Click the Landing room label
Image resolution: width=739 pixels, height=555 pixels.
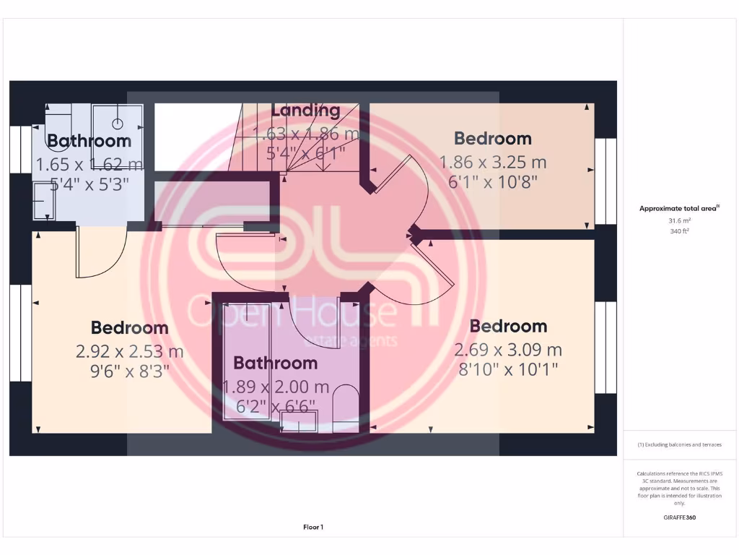(305, 111)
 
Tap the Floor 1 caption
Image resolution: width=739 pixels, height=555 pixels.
(313, 528)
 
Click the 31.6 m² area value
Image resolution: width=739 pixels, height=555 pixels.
(678, 221)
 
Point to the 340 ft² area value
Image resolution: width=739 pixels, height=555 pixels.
(678, 232)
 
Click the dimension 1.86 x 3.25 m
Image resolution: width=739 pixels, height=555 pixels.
(493, 162)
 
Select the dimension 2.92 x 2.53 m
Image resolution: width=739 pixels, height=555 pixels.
(130, 352)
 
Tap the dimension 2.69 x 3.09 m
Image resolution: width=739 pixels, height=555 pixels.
(507, 350)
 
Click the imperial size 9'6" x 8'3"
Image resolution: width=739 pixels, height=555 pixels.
(130, 372)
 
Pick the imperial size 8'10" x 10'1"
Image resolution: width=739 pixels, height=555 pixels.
(507, 371)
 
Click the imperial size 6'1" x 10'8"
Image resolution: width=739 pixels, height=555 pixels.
(493, 182)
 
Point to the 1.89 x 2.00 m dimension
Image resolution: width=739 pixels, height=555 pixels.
(276, 387)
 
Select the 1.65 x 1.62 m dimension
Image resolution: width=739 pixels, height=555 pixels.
(89, 164)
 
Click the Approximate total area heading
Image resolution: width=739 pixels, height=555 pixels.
(678, 208)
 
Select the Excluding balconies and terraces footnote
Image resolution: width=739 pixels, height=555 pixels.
(678, 444)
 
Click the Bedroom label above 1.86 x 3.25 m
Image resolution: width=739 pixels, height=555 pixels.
(493, 139)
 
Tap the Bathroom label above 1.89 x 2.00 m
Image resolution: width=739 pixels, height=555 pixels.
(276, 363)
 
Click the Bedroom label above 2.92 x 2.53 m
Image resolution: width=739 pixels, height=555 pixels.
(130, 328)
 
